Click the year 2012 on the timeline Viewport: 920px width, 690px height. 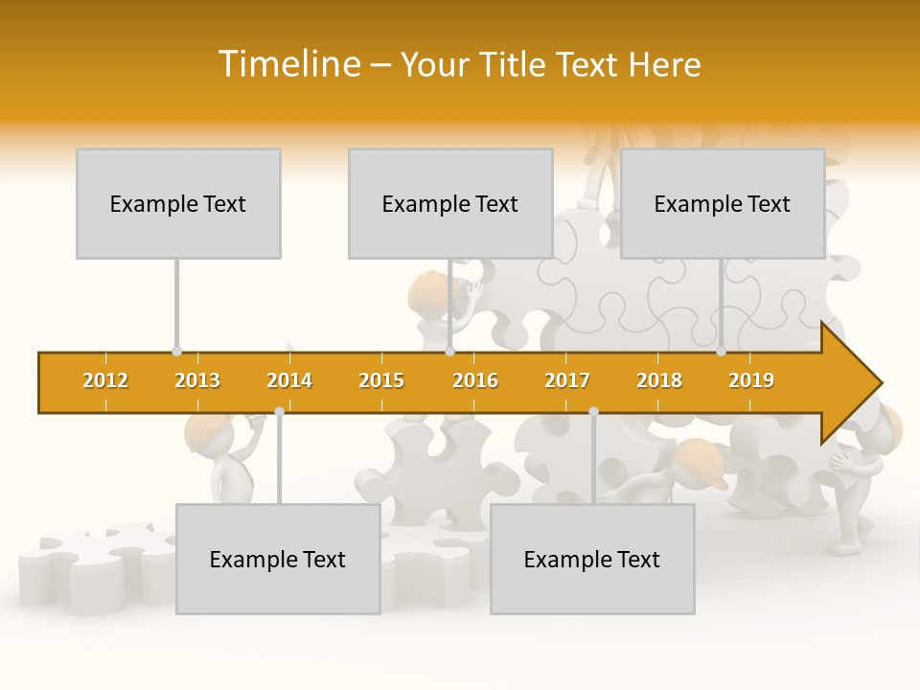coord(105,380)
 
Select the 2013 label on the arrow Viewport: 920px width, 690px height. coord(197,380)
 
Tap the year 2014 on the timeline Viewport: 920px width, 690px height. coord(289,380)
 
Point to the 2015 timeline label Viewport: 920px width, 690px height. coord(381,380)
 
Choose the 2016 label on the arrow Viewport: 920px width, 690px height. coord(475,380)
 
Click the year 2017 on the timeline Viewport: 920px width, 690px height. coord(567,380)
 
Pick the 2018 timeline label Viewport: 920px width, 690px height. coord(659,380)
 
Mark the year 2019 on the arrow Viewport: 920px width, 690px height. coord(751,380)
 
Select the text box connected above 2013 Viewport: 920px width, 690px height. coord(178,203)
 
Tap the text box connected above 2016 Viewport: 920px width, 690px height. coord(450,203)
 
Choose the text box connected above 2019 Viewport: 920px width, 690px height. coord(723,203)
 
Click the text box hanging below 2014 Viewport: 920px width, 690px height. coord(278,559)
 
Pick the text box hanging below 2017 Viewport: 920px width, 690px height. coord(592,559)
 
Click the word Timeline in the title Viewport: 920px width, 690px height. coord(287,64)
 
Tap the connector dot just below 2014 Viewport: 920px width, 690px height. coord(279,411)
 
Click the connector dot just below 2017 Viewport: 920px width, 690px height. coord(593,411)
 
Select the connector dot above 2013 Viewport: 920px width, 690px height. coord(176,352)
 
